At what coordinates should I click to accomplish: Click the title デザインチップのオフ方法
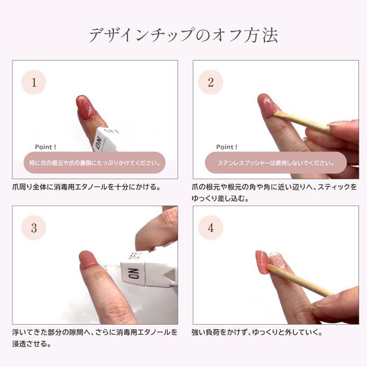tap(183, 35)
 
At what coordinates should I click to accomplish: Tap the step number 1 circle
tap(34, 82)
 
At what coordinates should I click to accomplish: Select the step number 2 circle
tap(211, 82)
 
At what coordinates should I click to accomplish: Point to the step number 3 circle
tap(34, 228)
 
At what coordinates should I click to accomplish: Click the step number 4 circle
tap(211, 228)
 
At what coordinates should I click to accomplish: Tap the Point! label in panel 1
tap(45, 147)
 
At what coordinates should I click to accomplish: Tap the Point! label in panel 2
tap(227, 147)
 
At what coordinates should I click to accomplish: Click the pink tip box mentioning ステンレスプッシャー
tap(276, 163)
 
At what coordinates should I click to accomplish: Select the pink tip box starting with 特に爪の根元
tap(94, 163)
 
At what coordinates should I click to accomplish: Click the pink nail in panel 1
tap(86, 107)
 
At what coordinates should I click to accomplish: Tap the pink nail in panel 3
tap(88, 259)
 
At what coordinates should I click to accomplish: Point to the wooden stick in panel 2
tap(302, 121)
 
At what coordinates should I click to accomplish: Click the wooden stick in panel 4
tap(300, 281)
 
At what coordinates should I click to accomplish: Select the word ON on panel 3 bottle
tap(134, 273)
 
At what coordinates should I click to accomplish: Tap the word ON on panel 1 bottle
tap(98, 143)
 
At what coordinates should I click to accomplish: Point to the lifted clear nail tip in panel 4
tap(278, 260)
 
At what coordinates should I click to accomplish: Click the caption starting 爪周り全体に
tap(87, 187)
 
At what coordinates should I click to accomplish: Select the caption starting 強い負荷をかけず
tap(257, 333)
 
